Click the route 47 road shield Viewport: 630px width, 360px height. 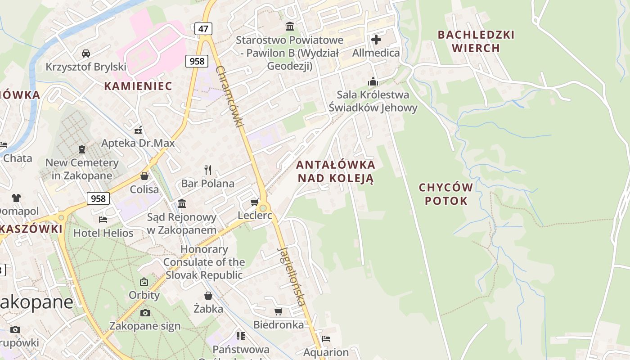point(203,29)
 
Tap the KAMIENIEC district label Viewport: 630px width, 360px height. point(138,86)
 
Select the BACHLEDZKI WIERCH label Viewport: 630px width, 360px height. point(476,41)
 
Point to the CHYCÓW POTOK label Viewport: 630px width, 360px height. point(446,194)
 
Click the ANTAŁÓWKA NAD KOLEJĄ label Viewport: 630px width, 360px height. point(336,171)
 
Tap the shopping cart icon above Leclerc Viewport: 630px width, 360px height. point(254,202)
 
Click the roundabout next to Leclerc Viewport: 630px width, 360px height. point(263,208)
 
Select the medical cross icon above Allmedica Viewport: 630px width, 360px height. point(376,40)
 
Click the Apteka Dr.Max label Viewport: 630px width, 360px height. point(138,144)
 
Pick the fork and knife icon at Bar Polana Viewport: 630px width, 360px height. point(207,170)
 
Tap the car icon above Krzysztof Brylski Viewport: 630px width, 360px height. point(85,54)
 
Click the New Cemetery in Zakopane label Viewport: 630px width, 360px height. point(82,169)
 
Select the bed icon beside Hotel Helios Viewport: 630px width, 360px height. point(103,220)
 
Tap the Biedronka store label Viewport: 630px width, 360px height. point(279,324)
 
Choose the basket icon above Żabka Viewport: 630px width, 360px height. point(208,296)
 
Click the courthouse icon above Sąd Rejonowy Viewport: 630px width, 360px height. point(182,204)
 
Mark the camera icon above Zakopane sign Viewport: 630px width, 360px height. point(145,313)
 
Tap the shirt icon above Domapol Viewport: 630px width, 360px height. point(16,198)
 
